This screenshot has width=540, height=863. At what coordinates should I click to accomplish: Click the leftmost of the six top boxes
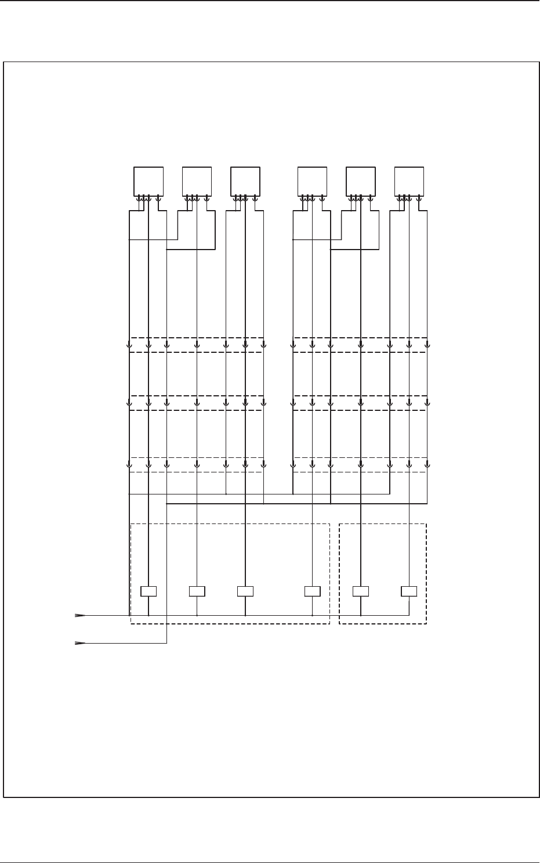click(x=148, y=181)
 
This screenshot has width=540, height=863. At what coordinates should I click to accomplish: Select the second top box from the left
click(x=197, y=181)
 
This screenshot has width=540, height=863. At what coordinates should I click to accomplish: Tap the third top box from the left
click(x=245, y=181)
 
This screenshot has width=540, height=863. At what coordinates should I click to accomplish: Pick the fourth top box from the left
click(x=312, y=181)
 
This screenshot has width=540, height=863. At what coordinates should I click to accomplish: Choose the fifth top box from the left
click(x=360, y=181)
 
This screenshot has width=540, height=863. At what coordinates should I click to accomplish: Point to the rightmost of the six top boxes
click(x=409, y=181)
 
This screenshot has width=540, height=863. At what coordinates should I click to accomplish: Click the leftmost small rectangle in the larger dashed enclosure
click(x=149, y=591)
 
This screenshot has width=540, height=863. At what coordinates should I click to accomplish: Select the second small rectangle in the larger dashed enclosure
click(x=197, y=591)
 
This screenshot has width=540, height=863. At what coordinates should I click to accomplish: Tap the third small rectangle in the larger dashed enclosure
click(x=245, y=591)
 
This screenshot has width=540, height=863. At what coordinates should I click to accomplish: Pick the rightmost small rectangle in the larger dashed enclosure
click(x=313, y=591)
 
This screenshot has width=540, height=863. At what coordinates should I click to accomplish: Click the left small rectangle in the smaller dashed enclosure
click(x=361, y=591)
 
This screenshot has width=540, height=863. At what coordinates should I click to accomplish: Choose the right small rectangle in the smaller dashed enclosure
click(x=409, y=591)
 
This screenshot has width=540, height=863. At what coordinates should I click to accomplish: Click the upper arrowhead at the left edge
click(x=80, y=615)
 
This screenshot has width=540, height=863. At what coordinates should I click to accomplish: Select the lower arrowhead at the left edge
click(x=80, y=643)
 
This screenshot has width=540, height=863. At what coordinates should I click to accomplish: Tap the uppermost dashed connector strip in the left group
click(x=196, y=345)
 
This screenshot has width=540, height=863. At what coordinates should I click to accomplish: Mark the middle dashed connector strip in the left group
click(x=196, y=403)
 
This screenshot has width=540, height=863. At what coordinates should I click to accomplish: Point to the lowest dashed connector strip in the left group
click(x=196, y=464)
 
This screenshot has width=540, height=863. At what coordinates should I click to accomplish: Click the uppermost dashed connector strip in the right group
click(x=360, y=345)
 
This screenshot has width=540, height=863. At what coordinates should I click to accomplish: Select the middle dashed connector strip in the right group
click(x=360, y=403)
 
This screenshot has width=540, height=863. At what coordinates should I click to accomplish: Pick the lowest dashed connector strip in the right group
click(x=360, y=464)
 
